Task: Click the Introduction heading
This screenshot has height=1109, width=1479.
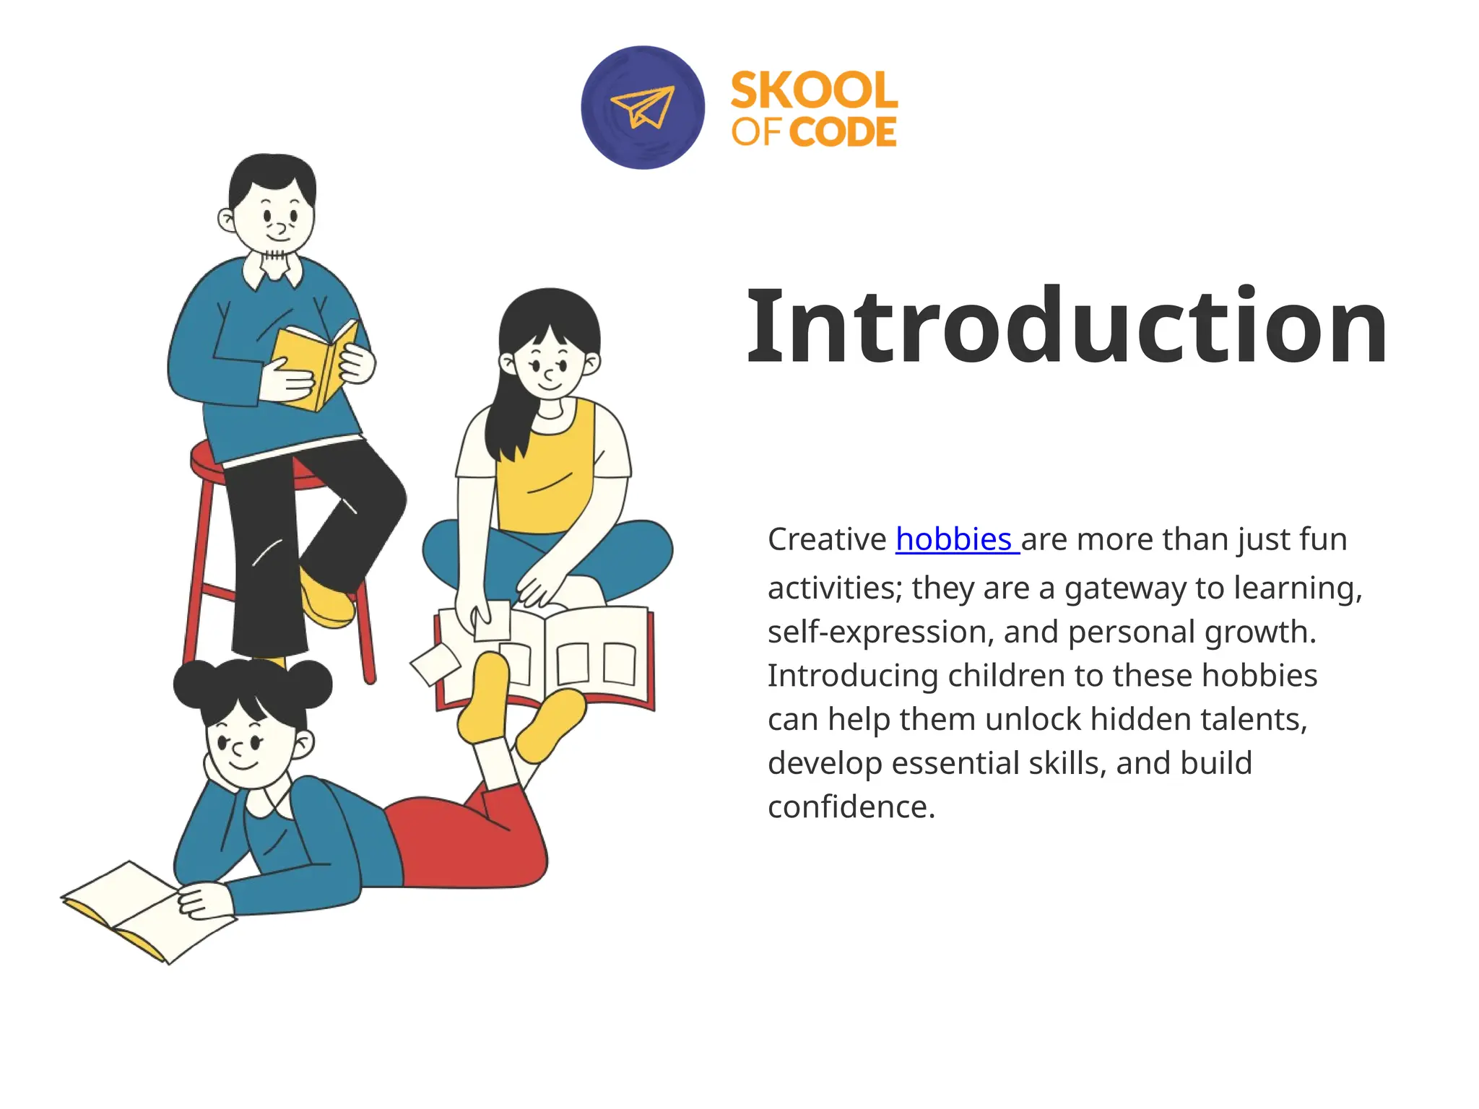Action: [x=1067, y=326]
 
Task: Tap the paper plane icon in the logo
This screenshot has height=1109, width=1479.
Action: [x=642, y=108]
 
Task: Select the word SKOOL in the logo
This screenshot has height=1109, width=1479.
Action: [x=814, y=90]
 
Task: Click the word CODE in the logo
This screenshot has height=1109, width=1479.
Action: [x=842, y=132]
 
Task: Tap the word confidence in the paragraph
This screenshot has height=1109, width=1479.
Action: [x=851, y=806]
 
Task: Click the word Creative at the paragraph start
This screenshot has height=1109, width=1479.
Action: [x=827, y=539]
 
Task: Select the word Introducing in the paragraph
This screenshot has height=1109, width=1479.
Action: [x=852, y=676]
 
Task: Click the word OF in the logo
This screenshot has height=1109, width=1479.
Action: [x=756, y=132]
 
